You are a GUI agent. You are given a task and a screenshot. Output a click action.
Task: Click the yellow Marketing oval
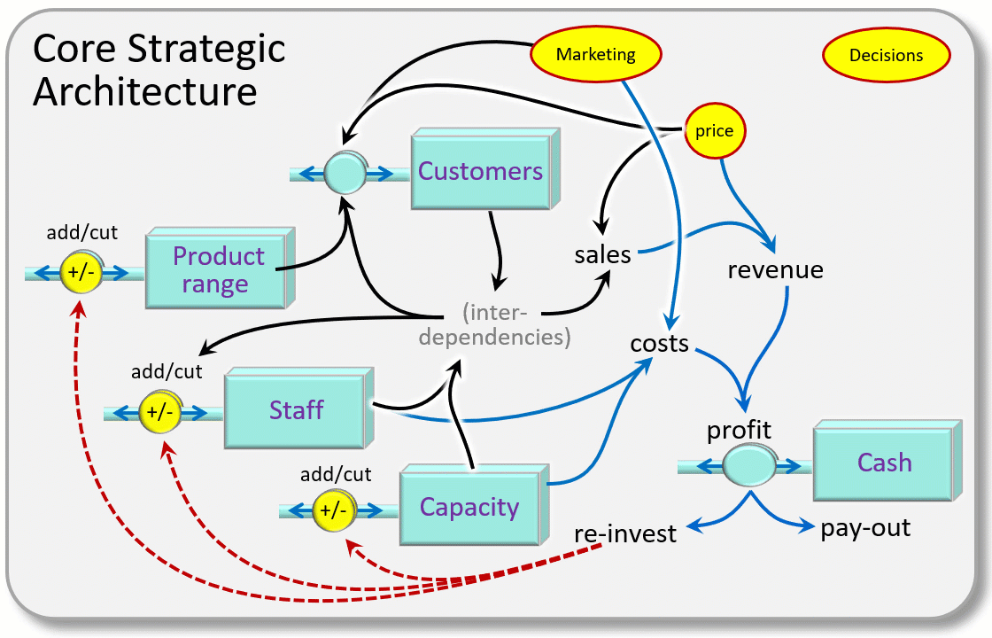tap(595, 54)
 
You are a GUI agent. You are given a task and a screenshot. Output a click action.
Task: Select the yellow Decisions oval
tap(886, 55)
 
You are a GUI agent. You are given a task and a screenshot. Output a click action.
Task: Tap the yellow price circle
tap(714, 131)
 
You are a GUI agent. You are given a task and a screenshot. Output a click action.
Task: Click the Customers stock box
tap(481, 171)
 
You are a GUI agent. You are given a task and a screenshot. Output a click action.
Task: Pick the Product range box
tap(217, 269)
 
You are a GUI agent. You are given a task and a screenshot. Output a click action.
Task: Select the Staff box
tap(295, 410)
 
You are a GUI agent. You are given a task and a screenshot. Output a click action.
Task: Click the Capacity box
tap(469, 508)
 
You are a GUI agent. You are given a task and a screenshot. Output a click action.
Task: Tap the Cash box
tap(883, 463)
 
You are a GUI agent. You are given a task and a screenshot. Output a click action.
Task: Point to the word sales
tap(602, 255)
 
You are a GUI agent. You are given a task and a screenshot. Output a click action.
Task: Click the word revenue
tap(775, 269)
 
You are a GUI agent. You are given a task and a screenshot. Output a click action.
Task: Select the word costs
tap(659, 343)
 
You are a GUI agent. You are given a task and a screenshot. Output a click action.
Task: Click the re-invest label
tap(625, 533)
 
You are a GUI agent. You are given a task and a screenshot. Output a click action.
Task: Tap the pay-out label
tap(865, 529)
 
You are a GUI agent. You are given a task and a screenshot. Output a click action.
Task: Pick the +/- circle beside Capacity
tap(334, 510)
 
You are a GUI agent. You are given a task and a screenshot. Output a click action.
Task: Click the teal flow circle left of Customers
tap(343, 174)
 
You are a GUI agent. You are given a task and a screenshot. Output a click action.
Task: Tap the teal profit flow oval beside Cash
tap(749, 464)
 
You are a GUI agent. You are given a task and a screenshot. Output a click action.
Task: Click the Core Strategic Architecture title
tap(159, 69)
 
